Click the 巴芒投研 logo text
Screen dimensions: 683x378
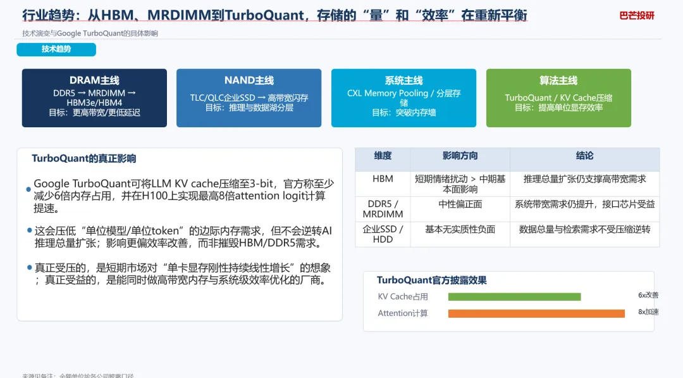point(637,16)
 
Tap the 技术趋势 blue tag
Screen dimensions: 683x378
point(56,49)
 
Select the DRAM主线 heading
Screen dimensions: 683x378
point(94,80)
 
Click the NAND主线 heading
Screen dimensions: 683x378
point(249,80)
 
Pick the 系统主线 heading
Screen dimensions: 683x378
point(403,80)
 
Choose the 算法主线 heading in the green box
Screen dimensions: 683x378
point(558,80)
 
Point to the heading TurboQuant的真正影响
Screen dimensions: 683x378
point(84,158)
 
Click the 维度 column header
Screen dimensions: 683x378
point(383,156)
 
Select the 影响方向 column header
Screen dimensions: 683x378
point(460,156)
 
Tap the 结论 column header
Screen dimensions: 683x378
point(584,156)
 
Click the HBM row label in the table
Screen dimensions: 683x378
point(383,179)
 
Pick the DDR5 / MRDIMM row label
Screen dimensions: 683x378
point(383,209)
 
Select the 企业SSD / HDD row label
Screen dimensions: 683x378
point(383,234)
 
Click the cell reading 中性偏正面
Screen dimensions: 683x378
point(460,205)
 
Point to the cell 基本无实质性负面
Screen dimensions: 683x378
point(460,229)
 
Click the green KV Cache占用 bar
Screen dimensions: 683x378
point(514,296)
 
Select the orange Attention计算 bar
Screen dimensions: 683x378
point(536,313)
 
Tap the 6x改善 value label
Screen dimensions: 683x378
point(648,295)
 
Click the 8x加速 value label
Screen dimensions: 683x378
point(648,312)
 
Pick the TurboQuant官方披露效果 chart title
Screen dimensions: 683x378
point(431,280)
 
